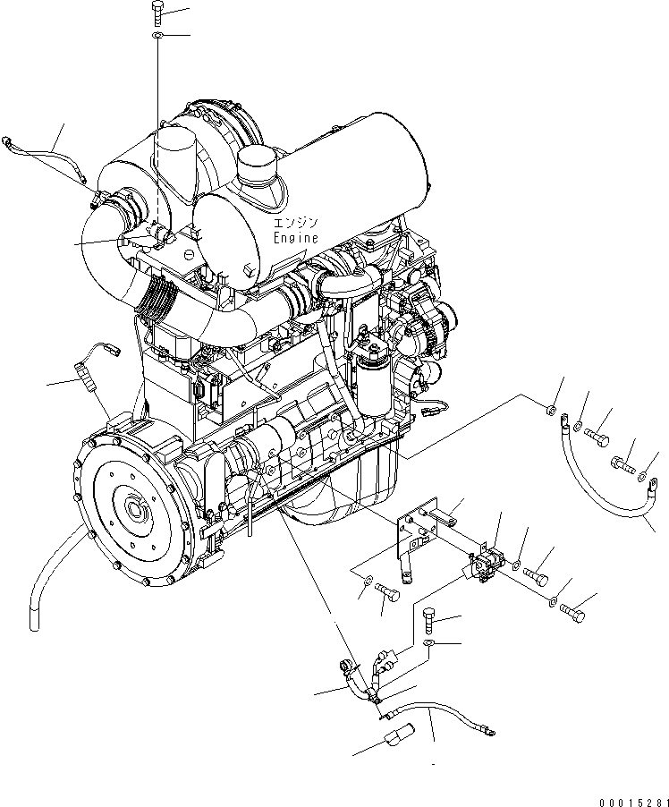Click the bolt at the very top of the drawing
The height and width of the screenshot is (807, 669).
(157, 13)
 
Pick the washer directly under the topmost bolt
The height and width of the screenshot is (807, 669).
(157, 35)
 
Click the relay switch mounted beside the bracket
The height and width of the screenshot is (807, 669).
(487, 565)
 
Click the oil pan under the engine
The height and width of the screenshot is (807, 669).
(367, 479)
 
